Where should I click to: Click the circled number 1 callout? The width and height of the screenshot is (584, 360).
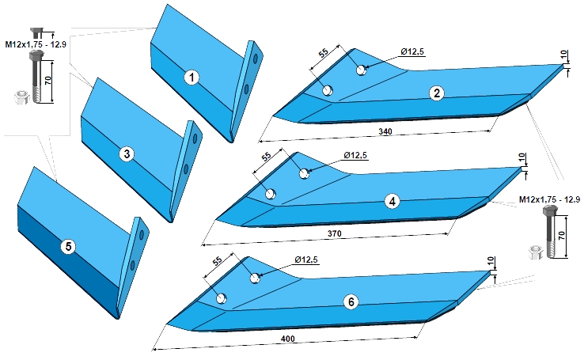click(192, 78)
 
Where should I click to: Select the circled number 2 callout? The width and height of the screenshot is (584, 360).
click(437, 93)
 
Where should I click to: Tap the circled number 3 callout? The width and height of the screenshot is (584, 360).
click(127, 153)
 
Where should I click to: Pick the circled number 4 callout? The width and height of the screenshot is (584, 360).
click(392, 202)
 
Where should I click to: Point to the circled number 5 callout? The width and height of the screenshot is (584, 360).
click(68, 246)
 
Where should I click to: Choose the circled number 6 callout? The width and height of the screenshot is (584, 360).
click(351, 302)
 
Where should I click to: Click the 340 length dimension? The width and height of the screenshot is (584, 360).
click(385, 132)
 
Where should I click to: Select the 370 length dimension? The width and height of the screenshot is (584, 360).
click(334, 233)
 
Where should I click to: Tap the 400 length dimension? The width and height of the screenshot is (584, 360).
click(287, 339)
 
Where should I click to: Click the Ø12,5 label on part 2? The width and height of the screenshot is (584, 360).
click(412, 52)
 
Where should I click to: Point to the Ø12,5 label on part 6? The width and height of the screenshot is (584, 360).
click(306, 260)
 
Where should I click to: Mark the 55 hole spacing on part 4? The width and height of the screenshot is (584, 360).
click(267, 157)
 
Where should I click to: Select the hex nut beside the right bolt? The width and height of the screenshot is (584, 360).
click(536, 252)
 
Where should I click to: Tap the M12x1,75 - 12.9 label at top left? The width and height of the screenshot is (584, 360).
click(36, 44)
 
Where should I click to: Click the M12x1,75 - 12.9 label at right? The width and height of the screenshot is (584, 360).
click(550, 199)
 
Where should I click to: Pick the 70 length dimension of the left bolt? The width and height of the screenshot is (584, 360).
click(48, 81)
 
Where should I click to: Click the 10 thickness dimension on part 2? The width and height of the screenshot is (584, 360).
click(565, 56)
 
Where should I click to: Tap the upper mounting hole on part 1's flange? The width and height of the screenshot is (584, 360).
click(256, 59)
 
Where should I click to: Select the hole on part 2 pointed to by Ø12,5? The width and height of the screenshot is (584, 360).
click(361, 70)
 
